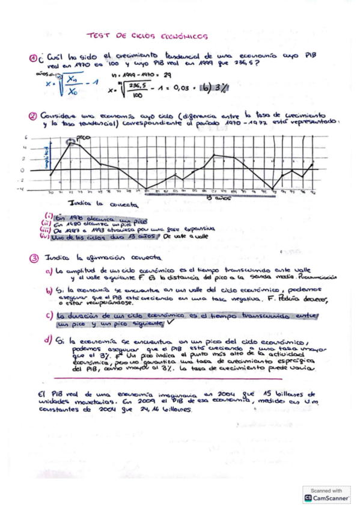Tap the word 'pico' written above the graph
(x=84, y=138)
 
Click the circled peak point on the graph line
(x=71, y=143)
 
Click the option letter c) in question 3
(x=49, y=315)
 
